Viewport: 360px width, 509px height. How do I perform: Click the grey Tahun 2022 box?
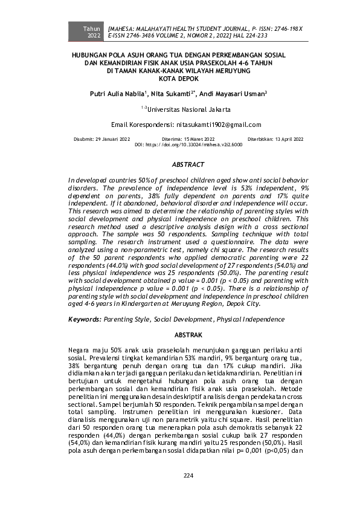(x=92, y=32)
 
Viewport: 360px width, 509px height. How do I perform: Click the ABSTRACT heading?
(x=188, y=164)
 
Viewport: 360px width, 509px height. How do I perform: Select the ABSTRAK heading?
(x=187, y=334)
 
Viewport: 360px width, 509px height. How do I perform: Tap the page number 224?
(x=188, y=476)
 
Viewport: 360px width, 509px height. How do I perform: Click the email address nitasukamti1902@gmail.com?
(x=219, y=125)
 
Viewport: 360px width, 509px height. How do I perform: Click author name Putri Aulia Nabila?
(x=117, y=94)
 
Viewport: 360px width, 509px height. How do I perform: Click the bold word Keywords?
(x=84, y=319)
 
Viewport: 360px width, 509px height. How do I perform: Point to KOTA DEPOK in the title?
(x=179, y=78)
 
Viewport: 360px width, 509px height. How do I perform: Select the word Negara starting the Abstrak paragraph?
(x=81, y=350)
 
